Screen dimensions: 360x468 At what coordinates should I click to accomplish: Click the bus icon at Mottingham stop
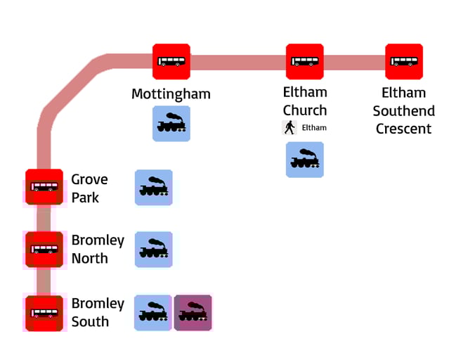171,62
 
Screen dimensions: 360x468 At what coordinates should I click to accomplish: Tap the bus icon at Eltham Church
304,62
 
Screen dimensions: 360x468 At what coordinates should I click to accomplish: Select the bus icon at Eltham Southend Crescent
404,62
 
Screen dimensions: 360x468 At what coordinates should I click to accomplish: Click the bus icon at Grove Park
44,188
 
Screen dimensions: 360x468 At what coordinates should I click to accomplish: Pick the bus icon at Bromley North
44,249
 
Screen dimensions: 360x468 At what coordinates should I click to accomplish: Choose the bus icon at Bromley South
44,313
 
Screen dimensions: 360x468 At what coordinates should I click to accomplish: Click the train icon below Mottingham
171,124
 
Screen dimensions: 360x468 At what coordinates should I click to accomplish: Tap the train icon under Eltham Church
304,160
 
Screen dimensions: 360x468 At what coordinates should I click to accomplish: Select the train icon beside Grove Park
153,188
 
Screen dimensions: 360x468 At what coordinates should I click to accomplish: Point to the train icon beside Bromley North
153,250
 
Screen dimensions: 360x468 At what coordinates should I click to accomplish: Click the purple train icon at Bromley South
193,313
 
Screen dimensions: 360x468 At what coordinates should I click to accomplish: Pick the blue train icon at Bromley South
153,313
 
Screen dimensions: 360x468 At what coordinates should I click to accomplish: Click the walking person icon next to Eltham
289,127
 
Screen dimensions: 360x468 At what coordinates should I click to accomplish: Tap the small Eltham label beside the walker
314,128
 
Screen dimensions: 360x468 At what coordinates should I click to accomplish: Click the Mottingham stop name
171,94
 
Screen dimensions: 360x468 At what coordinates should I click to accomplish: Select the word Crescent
403,129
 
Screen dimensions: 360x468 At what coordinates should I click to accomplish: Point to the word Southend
403,111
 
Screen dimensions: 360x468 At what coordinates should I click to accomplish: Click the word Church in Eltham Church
305,110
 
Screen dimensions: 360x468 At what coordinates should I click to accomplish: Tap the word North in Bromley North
90,258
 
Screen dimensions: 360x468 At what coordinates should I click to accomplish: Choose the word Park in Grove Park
85,198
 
